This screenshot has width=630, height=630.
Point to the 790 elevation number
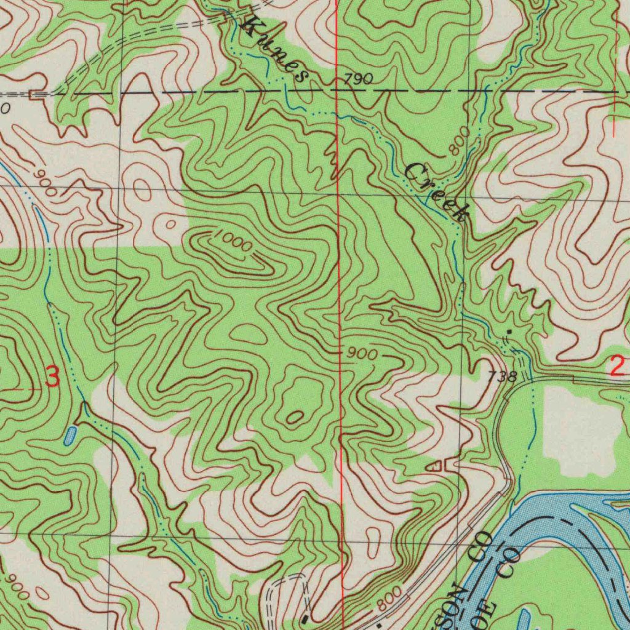(x=357, y=79)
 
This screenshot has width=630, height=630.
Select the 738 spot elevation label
(x=503, y=377)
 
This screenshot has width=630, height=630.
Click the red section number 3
(x=53, y=377)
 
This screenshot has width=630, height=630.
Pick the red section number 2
(x=617, y=367)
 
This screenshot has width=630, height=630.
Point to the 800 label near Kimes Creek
(x=460, y=141)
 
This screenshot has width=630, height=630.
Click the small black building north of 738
(x=508, y=332)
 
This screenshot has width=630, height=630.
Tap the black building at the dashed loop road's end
(x=306, y=616)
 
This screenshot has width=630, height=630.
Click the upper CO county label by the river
(x=480, y=547)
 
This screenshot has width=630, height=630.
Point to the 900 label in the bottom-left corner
(x=17, y=589)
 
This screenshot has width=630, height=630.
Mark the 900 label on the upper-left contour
(x=46, y=182)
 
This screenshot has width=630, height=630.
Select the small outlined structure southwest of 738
(x=436, y=466)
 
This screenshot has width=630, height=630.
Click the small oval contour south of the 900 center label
(x=294, y=418)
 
